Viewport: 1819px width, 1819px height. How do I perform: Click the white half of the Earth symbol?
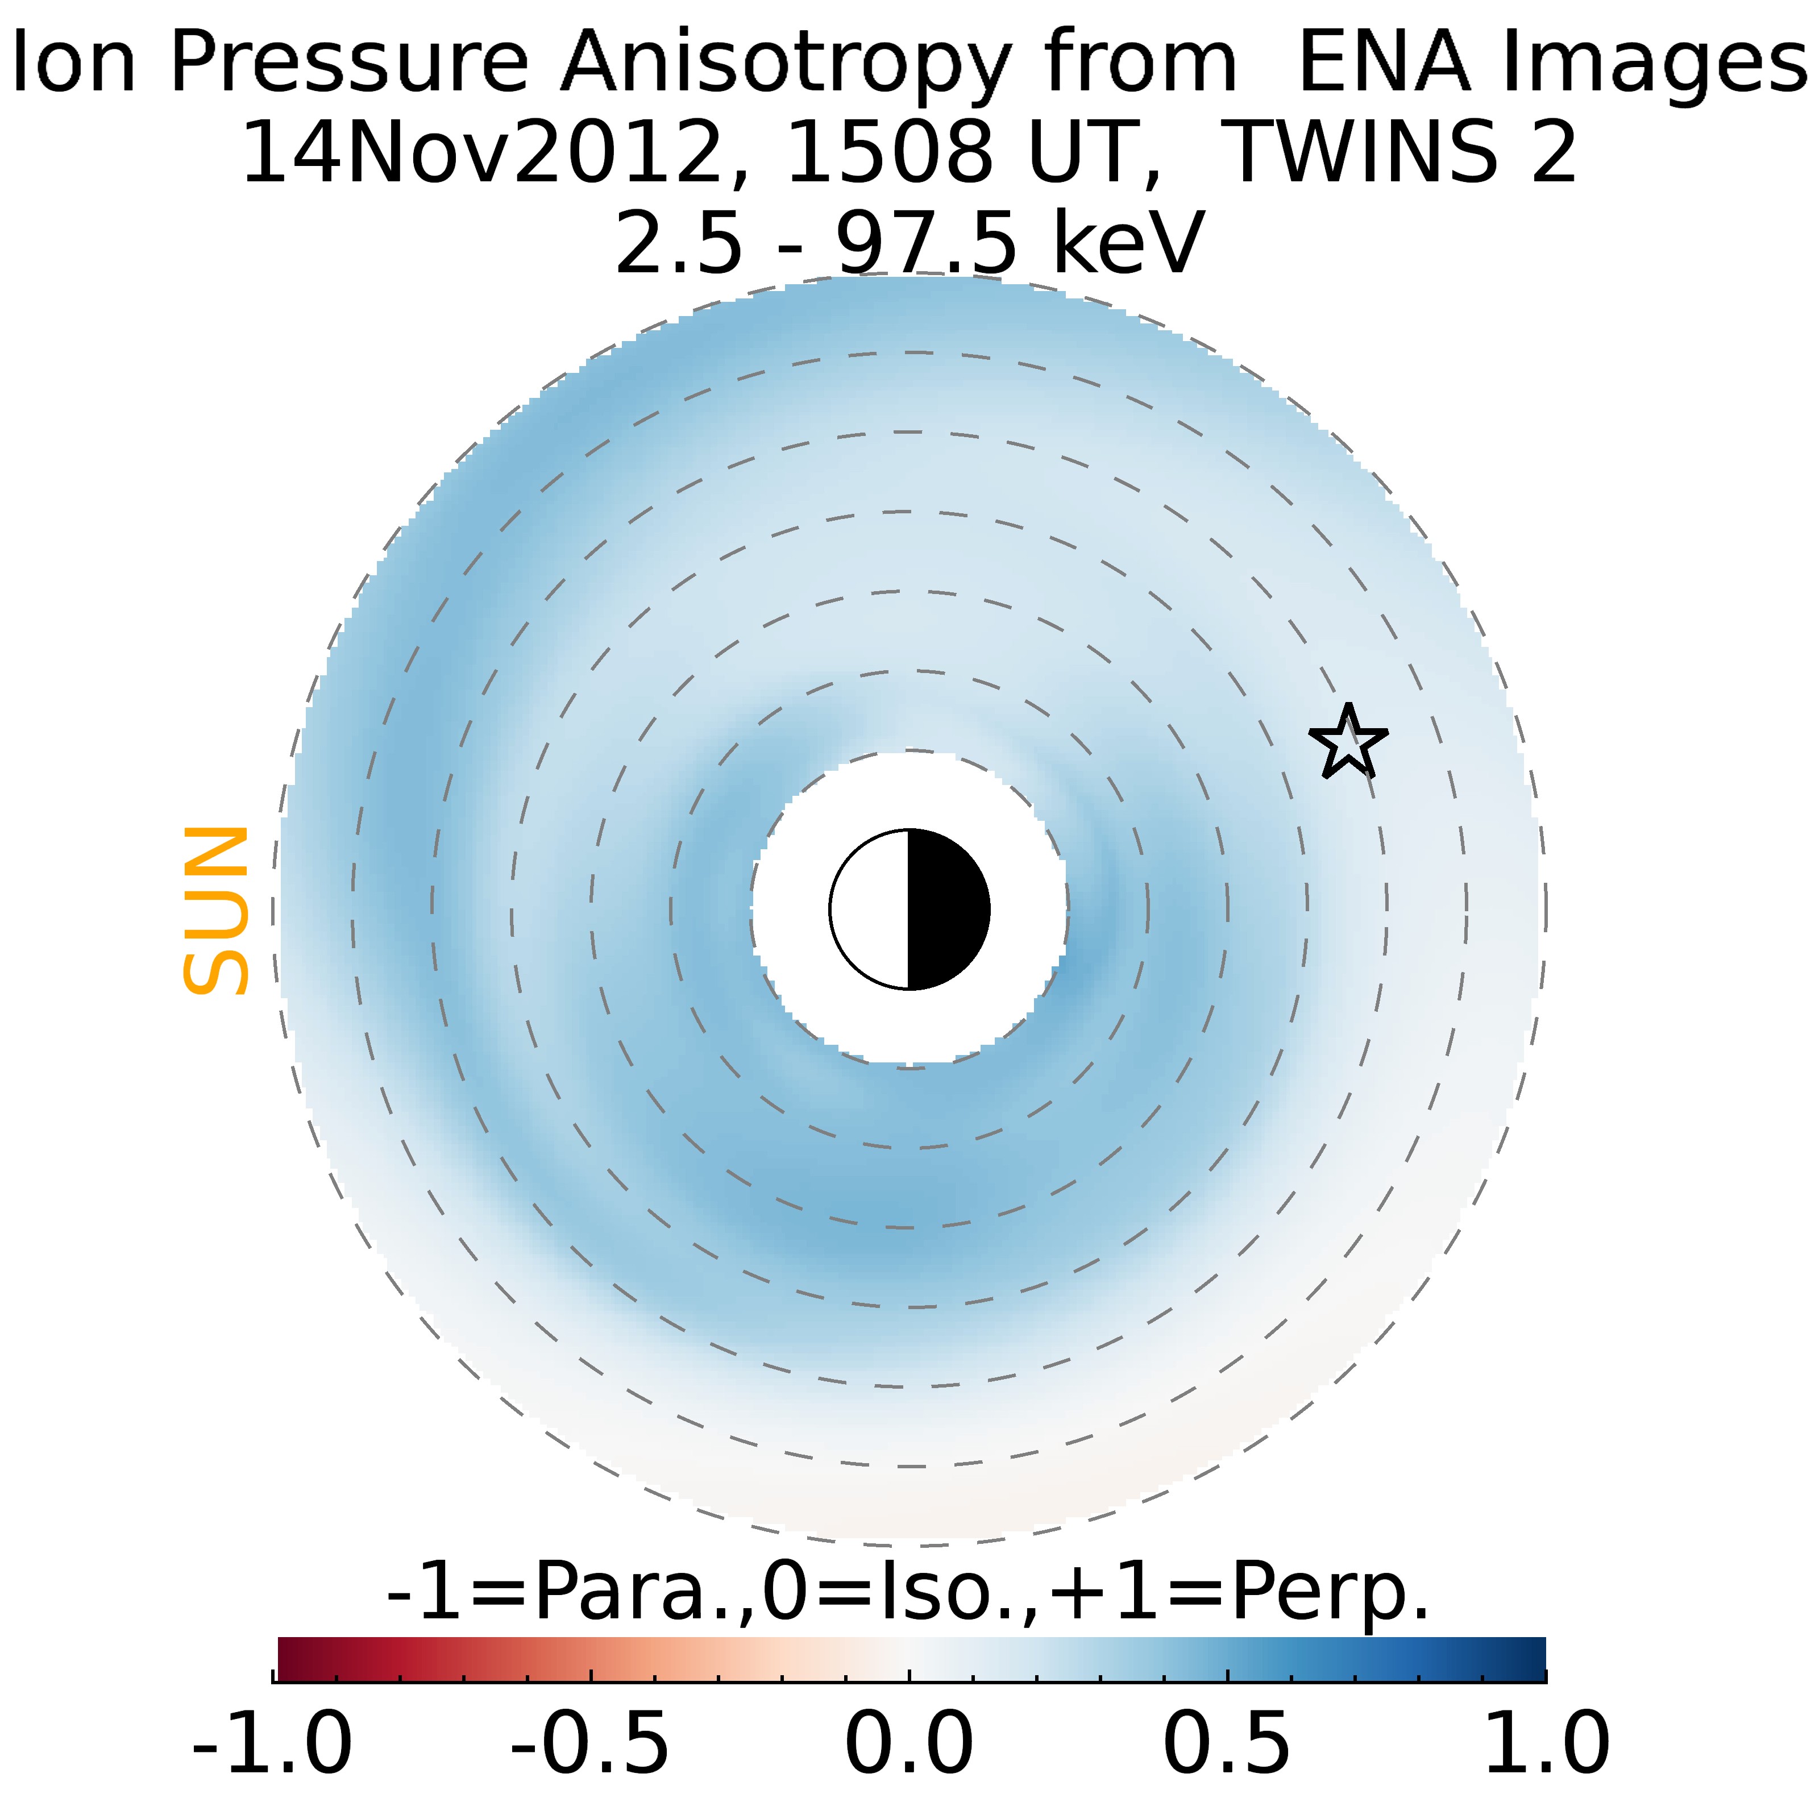pos(871,910)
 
